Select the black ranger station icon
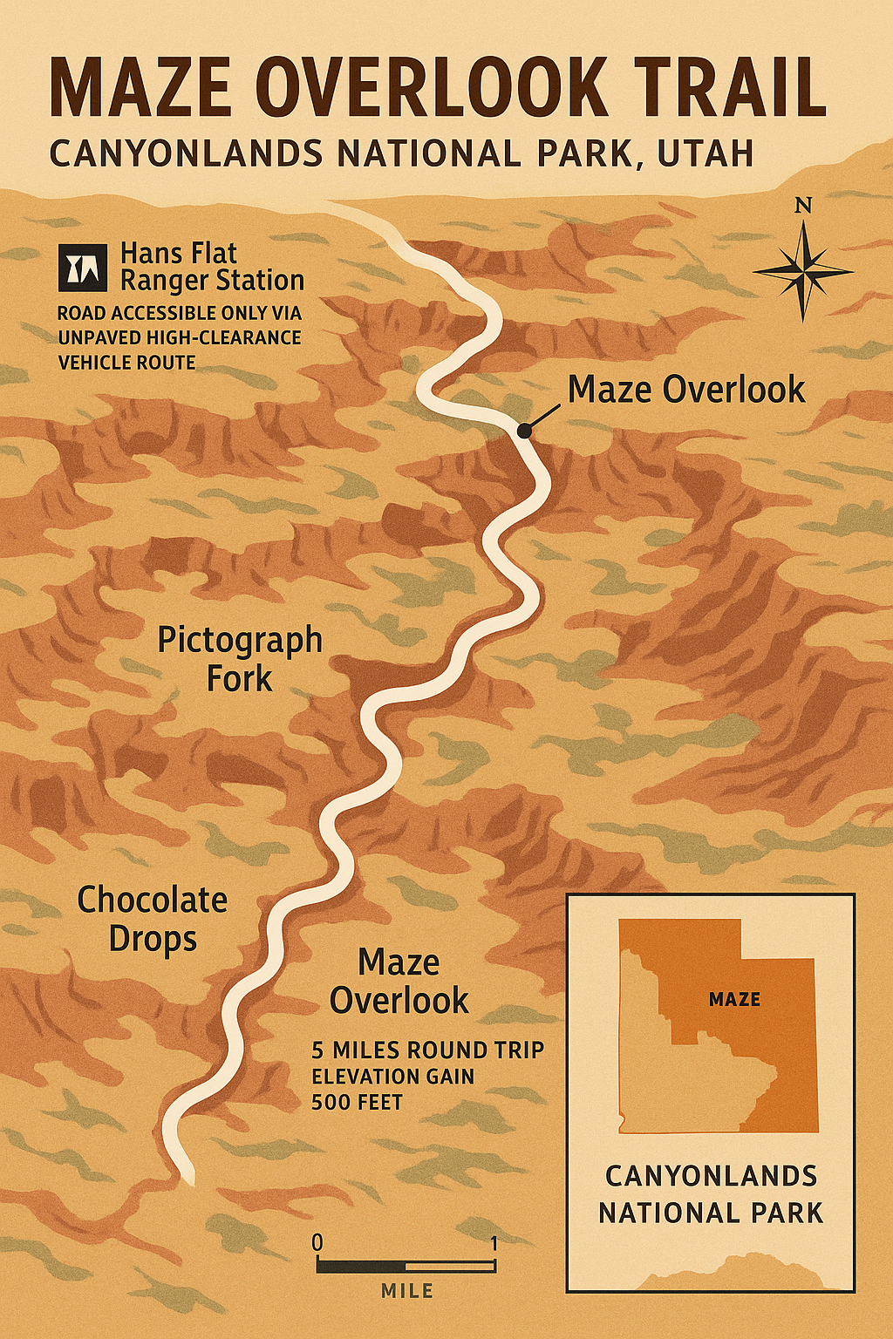click(83, 267)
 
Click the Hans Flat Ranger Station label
click(212, 267)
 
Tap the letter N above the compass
click(803, 206)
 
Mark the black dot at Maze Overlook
click(523, 431)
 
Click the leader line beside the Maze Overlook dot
click(543, 417)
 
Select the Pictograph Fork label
click(240, 659)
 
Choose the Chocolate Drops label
click(153, 919)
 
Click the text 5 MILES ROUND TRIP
click(427, 1050)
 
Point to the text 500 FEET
click(357, 1103)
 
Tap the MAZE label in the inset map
click(734, 1000)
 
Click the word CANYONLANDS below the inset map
click(711, 1176)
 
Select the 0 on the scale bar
click(317, 1242)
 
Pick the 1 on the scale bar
click(494, 1243)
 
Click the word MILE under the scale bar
click(407, 1291)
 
